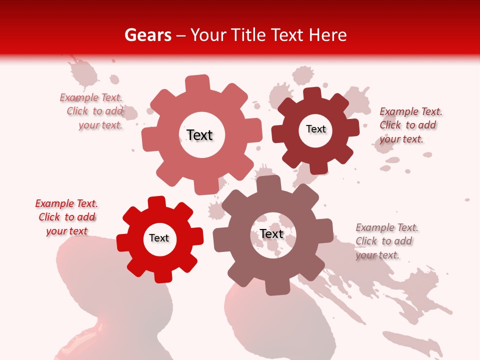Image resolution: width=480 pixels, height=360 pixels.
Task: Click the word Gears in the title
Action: [x=147, y=35]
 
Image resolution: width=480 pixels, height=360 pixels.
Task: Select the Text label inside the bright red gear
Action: [x=159, y=238]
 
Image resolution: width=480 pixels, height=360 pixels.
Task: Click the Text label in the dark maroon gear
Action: [x=315, y=129]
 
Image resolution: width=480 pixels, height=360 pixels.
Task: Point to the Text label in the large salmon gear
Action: [x=199, y=135]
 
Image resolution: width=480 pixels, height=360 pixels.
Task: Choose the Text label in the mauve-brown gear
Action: [x=271, y=234]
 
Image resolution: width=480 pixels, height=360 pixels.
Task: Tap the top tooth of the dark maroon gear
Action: [x=311, y=93]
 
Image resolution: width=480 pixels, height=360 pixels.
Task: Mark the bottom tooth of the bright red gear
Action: [x=163, y=276]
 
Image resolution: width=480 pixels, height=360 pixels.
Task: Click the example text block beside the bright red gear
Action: [x=66, y=217]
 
